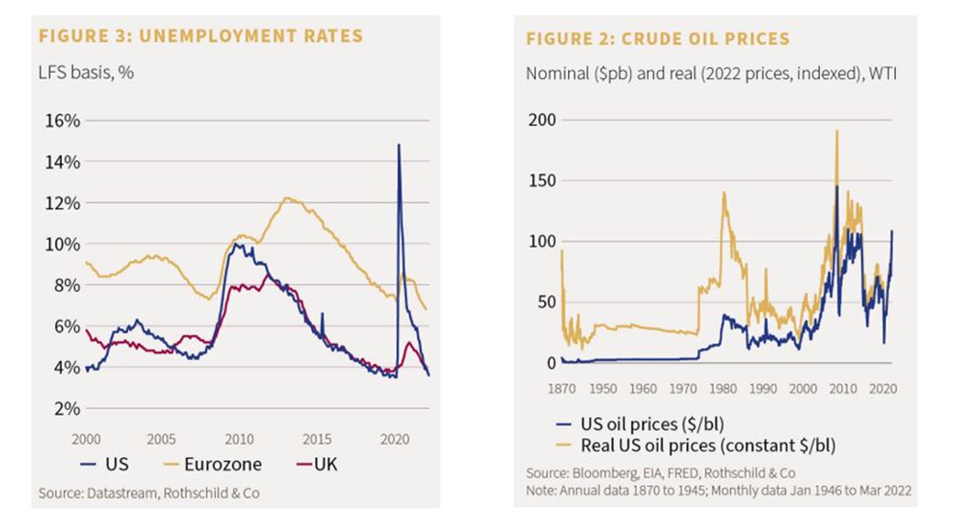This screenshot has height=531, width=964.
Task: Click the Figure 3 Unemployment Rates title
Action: (x=201, y=36)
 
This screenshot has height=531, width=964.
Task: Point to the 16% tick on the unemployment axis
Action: (x=63, y=121)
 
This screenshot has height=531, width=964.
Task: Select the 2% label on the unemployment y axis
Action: (x=67, y=408)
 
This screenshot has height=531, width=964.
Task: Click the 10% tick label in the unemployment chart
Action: (x=63, y=244)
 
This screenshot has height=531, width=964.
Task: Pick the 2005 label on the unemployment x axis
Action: (x=161, y=439)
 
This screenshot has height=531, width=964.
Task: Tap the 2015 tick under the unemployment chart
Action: (x=317, y=439)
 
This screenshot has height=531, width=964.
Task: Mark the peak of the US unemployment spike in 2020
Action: (x=398, y=144)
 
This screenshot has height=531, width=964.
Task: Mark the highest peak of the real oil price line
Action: (x=837, y=131)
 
